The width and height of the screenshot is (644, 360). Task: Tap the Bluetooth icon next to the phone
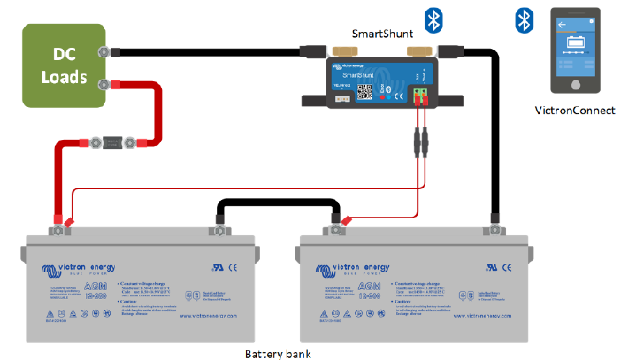[523, 19]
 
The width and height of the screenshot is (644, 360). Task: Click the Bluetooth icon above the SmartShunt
[433, 19]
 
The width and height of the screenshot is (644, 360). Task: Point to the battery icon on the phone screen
[576, 42]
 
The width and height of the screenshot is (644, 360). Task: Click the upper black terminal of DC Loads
[105, 52]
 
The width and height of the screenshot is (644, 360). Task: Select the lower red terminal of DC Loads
[105, 85]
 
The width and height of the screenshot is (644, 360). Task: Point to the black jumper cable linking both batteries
[274, 206]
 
